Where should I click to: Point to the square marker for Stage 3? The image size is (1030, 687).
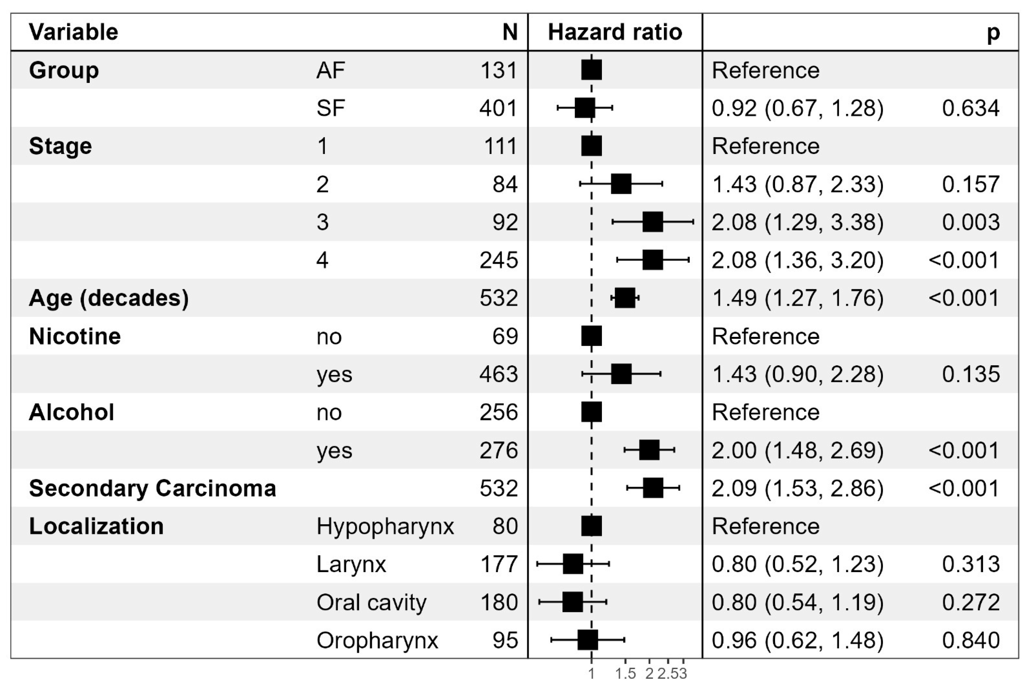click(x=653, y=222)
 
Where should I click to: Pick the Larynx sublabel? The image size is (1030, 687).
click(x=351, y=564)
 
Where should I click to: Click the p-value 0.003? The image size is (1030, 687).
click(x=971, y=222)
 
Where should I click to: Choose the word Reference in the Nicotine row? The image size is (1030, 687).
click(x=766, y=337)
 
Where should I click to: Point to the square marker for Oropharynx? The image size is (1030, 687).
click(x=587, y=640)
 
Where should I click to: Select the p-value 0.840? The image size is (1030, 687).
click(x=971, y=640)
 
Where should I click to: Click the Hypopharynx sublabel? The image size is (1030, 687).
click(x=385, y=526)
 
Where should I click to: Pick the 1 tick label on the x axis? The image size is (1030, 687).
click(x=591, y=674)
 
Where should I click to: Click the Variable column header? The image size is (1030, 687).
click(x=74, y=32)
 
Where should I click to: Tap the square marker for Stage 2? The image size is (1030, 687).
click(x=621, y=184)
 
